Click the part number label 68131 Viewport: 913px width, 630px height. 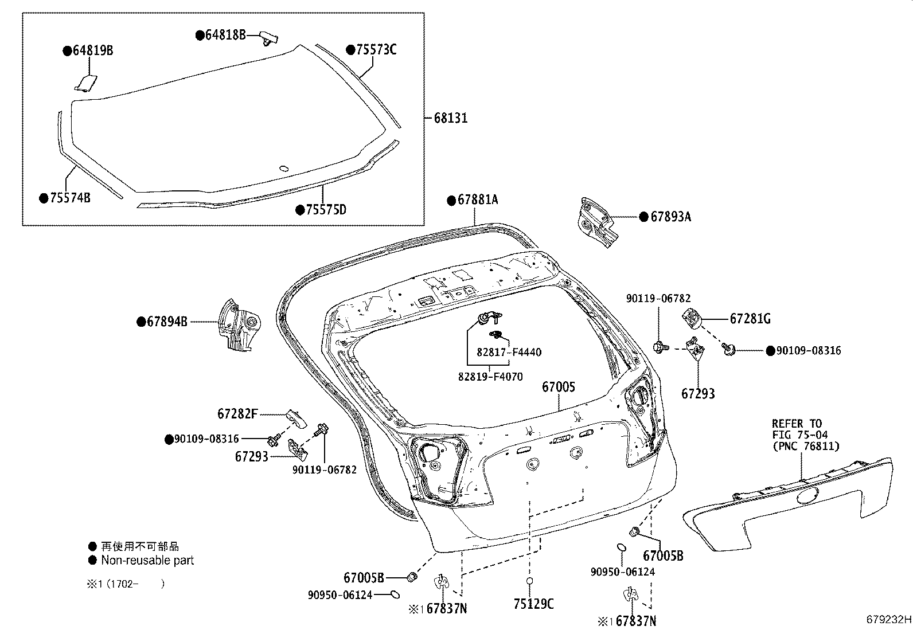tap(450, 118)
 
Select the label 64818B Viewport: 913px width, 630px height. tap(225, 36)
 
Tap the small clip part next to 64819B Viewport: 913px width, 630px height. tap(86, 83)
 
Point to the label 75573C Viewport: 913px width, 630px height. tap(376, 50)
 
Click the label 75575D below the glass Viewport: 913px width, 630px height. tap(325, 210)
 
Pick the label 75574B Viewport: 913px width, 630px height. tap(69, 198)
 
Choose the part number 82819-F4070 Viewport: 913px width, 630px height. tap(490, 377)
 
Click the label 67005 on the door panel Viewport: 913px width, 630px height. tap(559, 388)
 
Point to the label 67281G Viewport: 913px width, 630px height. tap(750, 319)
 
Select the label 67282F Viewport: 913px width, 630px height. tap(237, 413)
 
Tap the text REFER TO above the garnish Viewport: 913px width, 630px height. tap(797, 424)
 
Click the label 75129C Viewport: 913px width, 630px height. tap(533, 604)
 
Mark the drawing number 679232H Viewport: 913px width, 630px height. tap(888, 620)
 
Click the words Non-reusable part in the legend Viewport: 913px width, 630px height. tap(147, 560)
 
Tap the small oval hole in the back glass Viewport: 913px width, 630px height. tap(283, 169)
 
